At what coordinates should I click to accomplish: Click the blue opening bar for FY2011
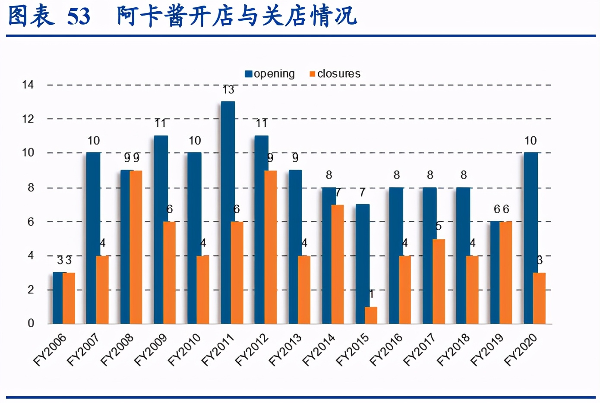click(x=227, y=212)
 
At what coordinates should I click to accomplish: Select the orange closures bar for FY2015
click(x=371, y=315)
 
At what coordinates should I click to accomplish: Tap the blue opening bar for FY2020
click(x=531, y=238)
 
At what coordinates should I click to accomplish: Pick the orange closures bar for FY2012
click(x=271, y=247)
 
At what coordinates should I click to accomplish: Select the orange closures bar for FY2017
click(x=439, y=281)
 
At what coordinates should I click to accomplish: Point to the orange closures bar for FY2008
click(x=136, y=247)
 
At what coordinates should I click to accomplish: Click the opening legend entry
click(x=270, y=74)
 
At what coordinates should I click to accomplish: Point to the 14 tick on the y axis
click(x=28, y=85)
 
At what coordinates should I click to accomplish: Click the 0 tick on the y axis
click(x=31, y=323)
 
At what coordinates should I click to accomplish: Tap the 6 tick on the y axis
click(x=31, y=222)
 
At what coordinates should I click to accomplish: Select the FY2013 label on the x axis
click(x=285, y=350)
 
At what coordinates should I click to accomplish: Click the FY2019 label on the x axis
click(x=486, y=350)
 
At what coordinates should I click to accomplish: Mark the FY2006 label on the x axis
click(x=50, y=350)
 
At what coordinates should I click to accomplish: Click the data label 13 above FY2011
click(x=228, y=90)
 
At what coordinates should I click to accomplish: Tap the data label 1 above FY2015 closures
click(x=371, y=294)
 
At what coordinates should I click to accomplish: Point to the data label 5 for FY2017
click(x=439, y=226)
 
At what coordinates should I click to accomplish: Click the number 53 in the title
click(x=79, y=16)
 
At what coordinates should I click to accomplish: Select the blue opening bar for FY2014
click(x=328, y=255)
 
